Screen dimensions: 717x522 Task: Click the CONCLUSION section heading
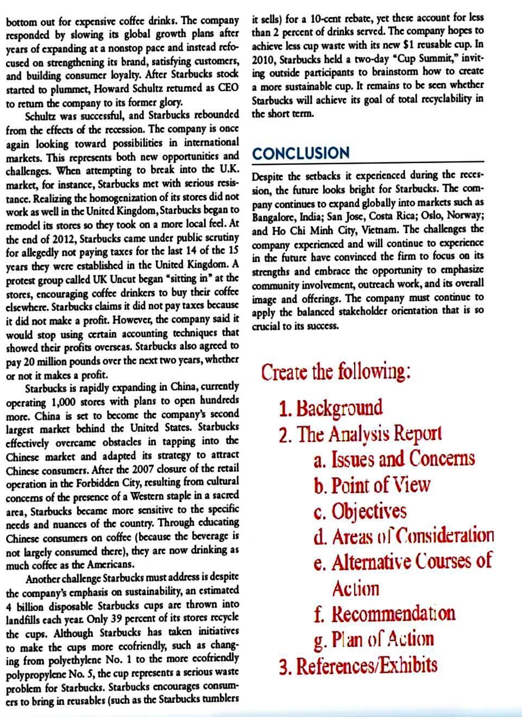click(301, 153)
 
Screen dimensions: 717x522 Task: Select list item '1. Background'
click(331, 408)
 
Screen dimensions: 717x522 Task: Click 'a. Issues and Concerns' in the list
click(394, 459)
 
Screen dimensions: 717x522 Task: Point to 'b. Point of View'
click(372, 485)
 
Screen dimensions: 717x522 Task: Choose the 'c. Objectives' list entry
click(360, 511)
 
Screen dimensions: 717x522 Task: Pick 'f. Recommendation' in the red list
click(385, 613)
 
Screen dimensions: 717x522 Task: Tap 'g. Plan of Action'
click(374, 639)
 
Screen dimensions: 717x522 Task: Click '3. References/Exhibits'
click(359, 665)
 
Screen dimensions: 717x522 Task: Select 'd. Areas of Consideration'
click(404, 537)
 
